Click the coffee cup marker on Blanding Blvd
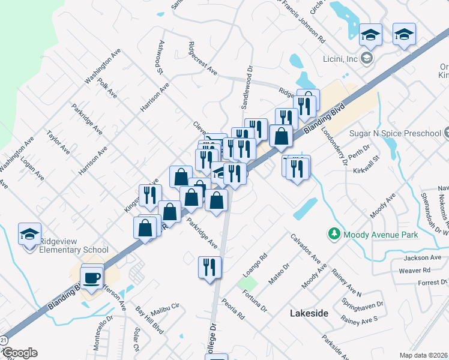[x=92, y=277]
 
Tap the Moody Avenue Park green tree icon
[x=333, y=233]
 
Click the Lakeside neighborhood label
[x=309, y=313]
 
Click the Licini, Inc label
[x=340, y=59]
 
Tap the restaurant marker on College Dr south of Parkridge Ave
[x=209, y=266]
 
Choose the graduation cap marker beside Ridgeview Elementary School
[x=29, y=235]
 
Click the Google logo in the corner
[x=19, y=353]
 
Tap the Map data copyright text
[x=424, y=355]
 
